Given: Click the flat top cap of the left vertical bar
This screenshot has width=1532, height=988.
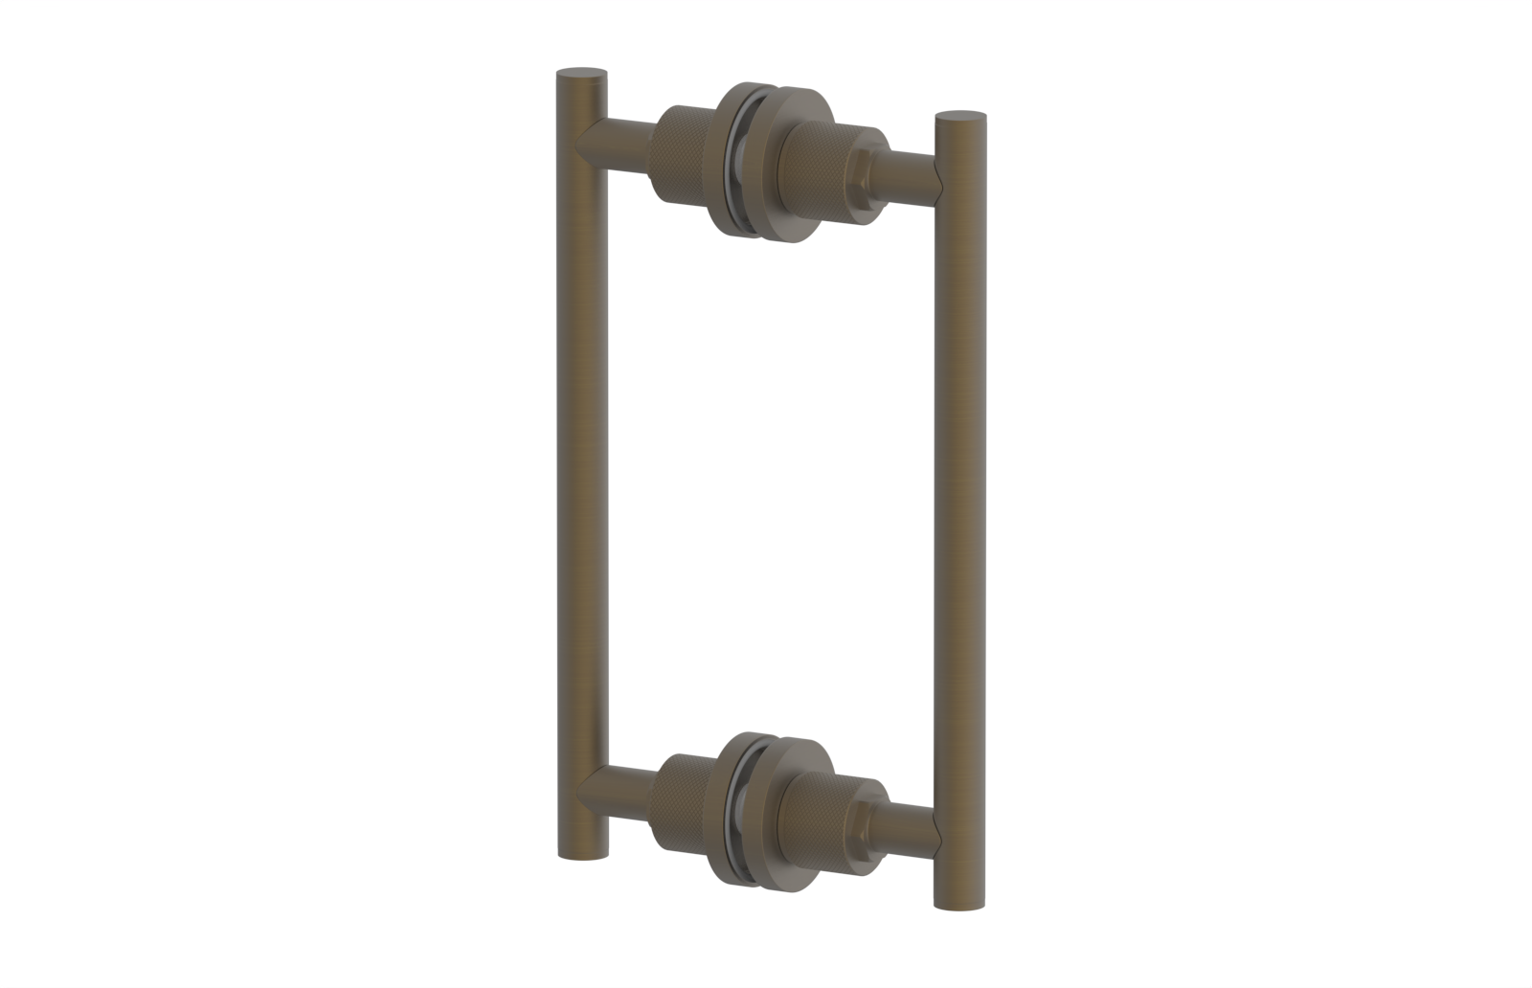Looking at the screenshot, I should point(582,73).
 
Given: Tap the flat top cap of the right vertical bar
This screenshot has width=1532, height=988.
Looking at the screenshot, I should point(960,118).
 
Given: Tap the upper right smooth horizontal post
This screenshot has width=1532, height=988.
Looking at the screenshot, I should point(914,178).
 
